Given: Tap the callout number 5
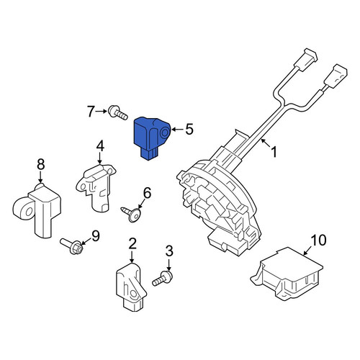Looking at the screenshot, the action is (x=189, y=130).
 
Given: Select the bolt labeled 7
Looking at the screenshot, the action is (x=117, y=112).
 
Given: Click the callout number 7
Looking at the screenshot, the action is (x=91, y=112).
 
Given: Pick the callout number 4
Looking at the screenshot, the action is (x=100, y=146).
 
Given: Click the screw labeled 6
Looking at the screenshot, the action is (x=131, y=213).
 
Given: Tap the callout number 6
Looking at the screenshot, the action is (x=147, y=193).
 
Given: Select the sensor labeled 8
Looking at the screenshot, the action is (x=37, y=210).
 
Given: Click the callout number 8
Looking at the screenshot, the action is (x=41, y=165).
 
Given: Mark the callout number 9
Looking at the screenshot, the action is (x=96, y=236).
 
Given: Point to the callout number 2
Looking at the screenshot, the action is (x=132, y=243).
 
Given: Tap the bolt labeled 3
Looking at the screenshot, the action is (x=163, y=279).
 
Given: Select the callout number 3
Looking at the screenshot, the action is (x=169, y=251).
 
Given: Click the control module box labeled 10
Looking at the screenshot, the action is (x=287, y=274).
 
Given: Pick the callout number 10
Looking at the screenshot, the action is (x=318, y=240).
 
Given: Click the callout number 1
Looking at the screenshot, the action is (x=274, y=152).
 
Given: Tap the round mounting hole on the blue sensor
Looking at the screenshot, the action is (x=165, y=132).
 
